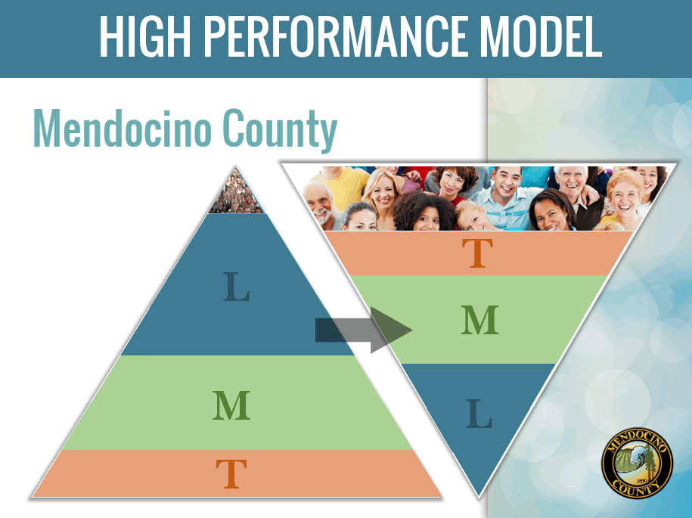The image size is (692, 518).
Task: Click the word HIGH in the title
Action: click(144, 36)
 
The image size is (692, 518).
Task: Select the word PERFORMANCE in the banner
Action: click(336, 36)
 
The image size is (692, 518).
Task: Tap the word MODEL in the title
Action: click(541, 36)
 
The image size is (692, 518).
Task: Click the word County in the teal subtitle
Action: click(280, 130)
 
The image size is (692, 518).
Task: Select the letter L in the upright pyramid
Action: click(237, 287)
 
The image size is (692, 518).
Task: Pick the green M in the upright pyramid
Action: click(231, 405)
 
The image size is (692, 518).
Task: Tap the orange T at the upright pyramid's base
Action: click(231, 473)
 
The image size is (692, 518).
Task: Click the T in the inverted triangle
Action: click(477, 253)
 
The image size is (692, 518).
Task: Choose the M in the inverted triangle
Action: click(479, 319)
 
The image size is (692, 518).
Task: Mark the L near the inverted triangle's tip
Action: click(479, 414)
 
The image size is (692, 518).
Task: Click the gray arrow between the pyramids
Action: click(364, 330)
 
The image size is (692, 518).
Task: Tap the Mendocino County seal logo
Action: click(638, 463)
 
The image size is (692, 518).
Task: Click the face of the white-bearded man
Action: click(318, 204)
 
